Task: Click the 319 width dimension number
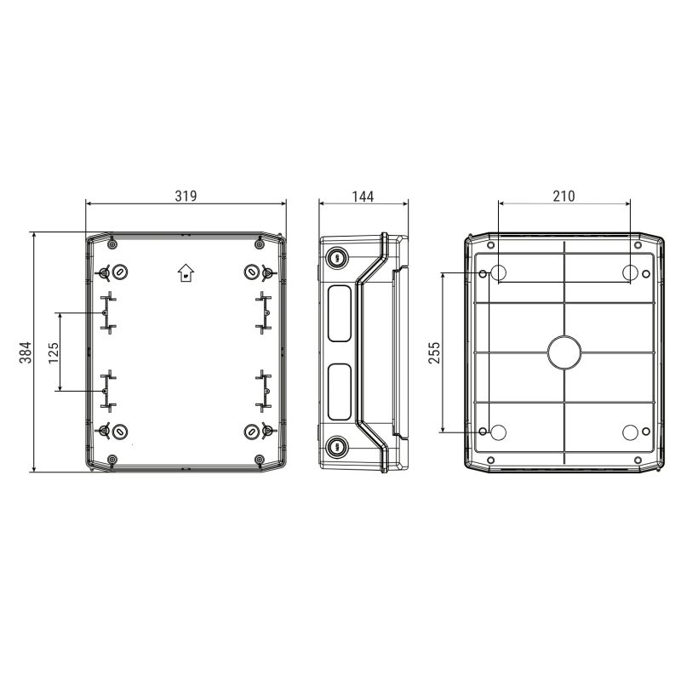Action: tap(186, 196)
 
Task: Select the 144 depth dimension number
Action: tap(363, 196)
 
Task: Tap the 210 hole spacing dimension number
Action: tap(564, 196)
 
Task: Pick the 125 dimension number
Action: tap(54, 352)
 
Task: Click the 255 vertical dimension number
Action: tap(434, 352)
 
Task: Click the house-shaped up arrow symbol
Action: tap(186, 272)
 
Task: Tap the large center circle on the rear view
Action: tap(564, 352)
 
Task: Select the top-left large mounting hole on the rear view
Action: tap(500, 272)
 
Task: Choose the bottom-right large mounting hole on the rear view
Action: tap(630, 432)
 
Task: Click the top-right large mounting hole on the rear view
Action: tap(630, 272)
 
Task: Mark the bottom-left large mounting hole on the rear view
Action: tap(500, 432)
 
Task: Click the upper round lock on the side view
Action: tap(335, 257)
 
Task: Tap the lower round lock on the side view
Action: tap(335, 445)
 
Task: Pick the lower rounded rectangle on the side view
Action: tap(337, 392)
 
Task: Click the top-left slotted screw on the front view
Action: tap(120, 272)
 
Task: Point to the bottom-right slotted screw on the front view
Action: tap(252, 432)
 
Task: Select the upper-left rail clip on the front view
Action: tap(106, 312)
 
